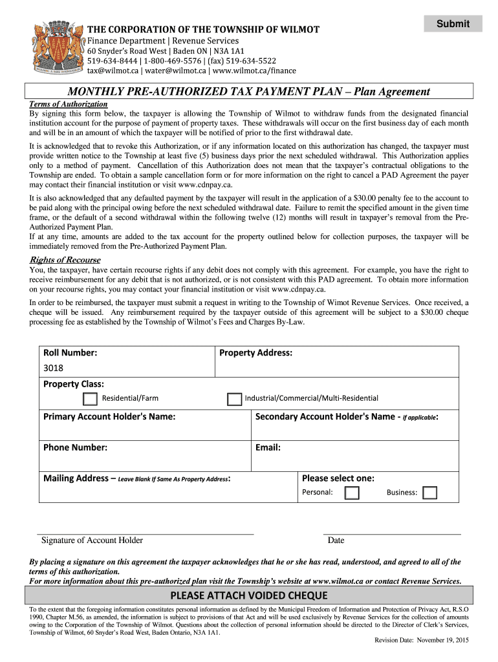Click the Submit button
pos(453,24)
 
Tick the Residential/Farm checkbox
pos(91,398)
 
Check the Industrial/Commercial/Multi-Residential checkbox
pos(234,398)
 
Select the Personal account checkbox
pos(352,493)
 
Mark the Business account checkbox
pos(429,493)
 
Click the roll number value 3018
pos(54,368)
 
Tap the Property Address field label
pos(255,353)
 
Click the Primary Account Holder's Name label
pos(109,416)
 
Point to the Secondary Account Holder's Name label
pos(347,416)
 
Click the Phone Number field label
pos(75,447)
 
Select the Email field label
pos(268,447)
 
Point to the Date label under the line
pos(336,540)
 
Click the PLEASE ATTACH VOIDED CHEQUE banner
pos(249,595)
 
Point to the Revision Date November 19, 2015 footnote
pos(422,640)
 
